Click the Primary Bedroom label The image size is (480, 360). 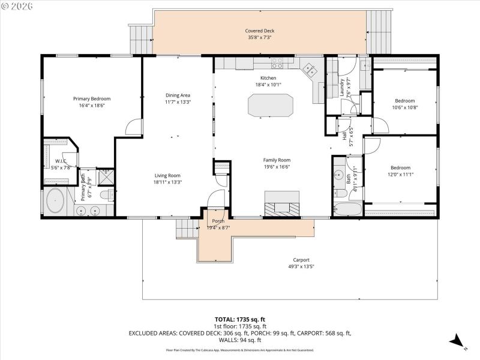[x=92, y=98]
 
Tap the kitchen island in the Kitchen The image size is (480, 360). [x=271, y=106]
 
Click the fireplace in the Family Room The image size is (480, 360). [x=283, y=204]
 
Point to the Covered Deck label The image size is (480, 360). [x=259, y=31]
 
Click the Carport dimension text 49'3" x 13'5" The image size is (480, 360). [x=301, y=266]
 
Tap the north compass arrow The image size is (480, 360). [x=457, y=341]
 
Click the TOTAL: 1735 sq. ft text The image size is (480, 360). [x=240, y=319]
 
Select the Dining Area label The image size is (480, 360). [x=178, y=95]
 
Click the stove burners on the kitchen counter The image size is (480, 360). [x=277, y=62]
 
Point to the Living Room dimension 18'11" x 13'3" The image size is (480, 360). [x=167, y=182]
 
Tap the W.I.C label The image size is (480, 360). [x=61, y=161]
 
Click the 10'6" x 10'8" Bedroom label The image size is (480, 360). [x=404, y=100]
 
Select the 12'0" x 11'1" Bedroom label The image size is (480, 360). [x=400, y=167]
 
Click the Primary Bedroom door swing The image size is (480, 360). [x=135, y=127]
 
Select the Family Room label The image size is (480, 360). [x=277, y=160]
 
